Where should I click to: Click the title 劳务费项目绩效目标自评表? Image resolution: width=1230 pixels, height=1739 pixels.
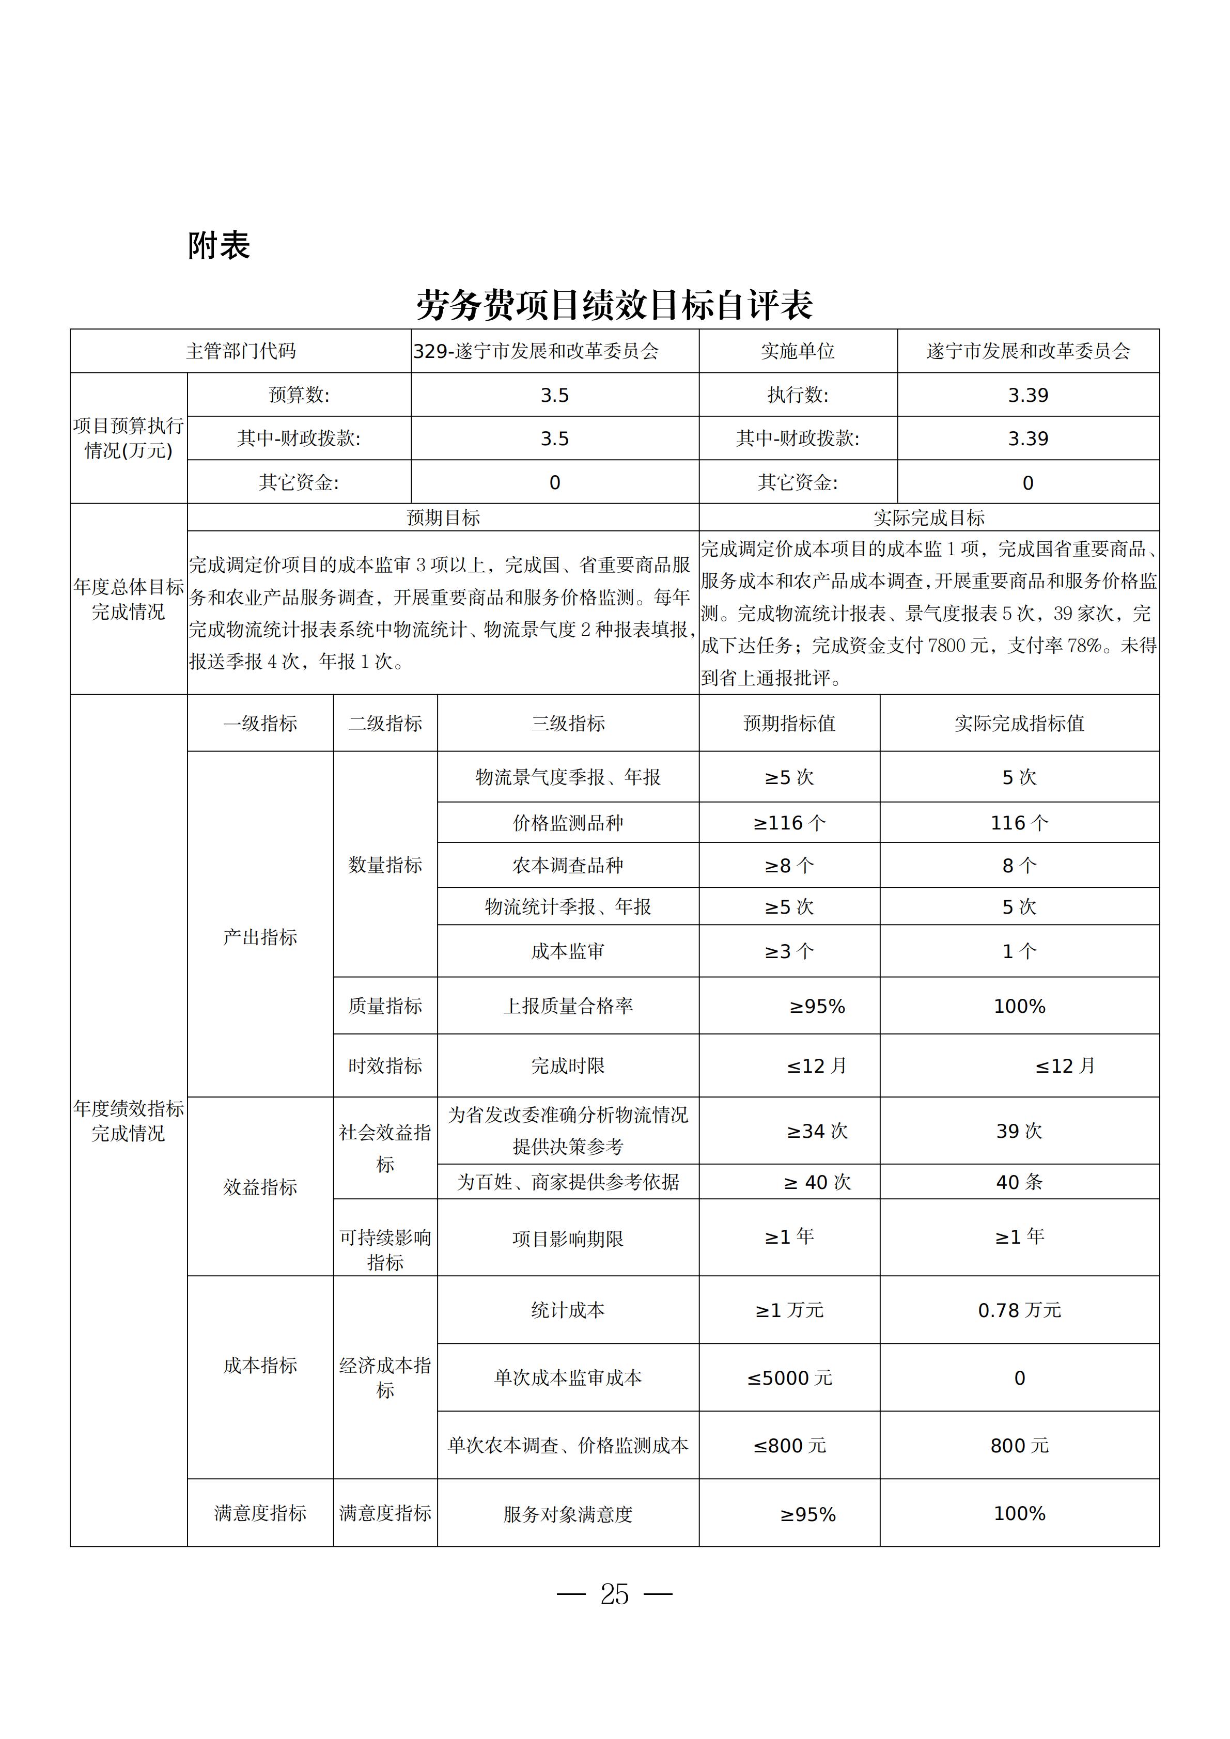point(614,305)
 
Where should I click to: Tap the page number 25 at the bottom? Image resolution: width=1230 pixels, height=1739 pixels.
point(614,1594)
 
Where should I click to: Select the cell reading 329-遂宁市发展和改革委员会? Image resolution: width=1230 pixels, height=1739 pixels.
point(536,351)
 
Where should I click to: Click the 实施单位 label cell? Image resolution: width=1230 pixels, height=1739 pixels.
point(798,351)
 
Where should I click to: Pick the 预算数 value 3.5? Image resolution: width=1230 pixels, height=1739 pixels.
point(554,395)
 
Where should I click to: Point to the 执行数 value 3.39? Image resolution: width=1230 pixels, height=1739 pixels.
point(1028,395)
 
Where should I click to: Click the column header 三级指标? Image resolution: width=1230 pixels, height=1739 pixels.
point(568,723)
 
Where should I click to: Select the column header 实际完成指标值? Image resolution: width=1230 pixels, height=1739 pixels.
point(1019,723)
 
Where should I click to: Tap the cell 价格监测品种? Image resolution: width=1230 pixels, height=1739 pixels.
point(568,823)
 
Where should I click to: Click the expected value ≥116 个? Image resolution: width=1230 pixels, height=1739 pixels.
point(789,823)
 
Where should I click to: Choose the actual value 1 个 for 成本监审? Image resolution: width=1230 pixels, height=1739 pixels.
point(1019,951)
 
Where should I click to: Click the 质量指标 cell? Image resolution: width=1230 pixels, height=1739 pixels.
point(385,1006)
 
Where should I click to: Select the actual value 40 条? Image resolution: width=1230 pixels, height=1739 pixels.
point(1019,1182)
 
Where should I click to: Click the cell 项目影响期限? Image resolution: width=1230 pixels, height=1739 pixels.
point(568,1239)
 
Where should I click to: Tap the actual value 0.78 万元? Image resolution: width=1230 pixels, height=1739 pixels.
point(1019,1310)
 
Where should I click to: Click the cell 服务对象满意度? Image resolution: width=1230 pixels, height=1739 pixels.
point(568,1514)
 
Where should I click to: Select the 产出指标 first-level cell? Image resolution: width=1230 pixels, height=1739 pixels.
point(260,937)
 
